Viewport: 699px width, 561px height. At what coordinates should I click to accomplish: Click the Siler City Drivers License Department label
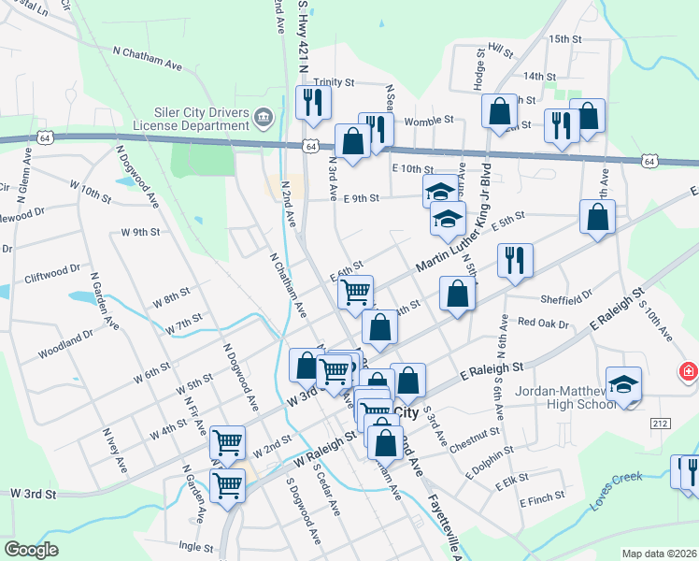click(x=187, y=119)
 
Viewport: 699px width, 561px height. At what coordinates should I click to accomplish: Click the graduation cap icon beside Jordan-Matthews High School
click(x=623, y=385)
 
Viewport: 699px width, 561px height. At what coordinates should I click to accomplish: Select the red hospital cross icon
click(x=690, y=371)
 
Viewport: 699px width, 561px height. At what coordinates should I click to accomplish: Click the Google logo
click(x=31, y=549)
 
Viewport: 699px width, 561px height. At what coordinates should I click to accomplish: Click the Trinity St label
click(x=334, y=82)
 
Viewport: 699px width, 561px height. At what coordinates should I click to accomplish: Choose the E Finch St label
click(x=544, y=502)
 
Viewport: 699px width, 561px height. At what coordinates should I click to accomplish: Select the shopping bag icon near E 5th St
click(x=597, y=218)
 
